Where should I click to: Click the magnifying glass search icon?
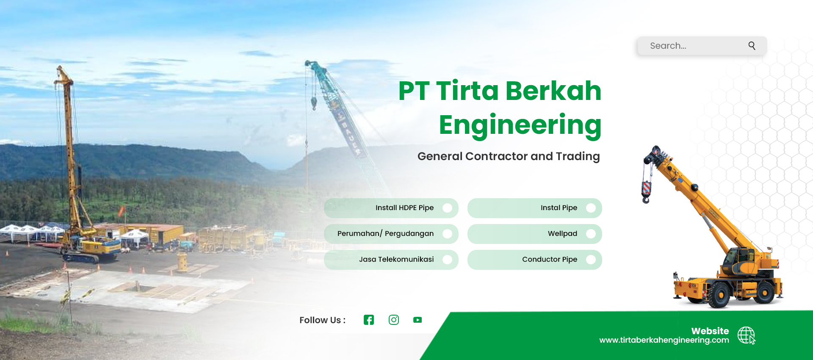(752, 46)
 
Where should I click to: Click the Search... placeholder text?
(668, 46)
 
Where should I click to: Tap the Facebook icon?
(369, 320)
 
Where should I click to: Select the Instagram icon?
(394, 320)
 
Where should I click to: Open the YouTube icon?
(418, 320)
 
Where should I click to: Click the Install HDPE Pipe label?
(404, 208)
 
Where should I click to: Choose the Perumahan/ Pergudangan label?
(385, 234)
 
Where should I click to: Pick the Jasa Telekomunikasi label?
(396, 259)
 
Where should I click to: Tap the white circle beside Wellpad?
(591, 234)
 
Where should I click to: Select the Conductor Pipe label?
(550, 259)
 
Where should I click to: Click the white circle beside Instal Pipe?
(591, 208)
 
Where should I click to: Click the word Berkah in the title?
(553, 91)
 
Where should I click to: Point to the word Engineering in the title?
(520, 126)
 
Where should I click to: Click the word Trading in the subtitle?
(578, 157)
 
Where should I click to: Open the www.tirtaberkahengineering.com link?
(664, 340)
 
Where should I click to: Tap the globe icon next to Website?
(746, 335)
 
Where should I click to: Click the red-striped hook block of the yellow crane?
(646, 191)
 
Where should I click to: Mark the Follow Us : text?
(322, 320)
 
